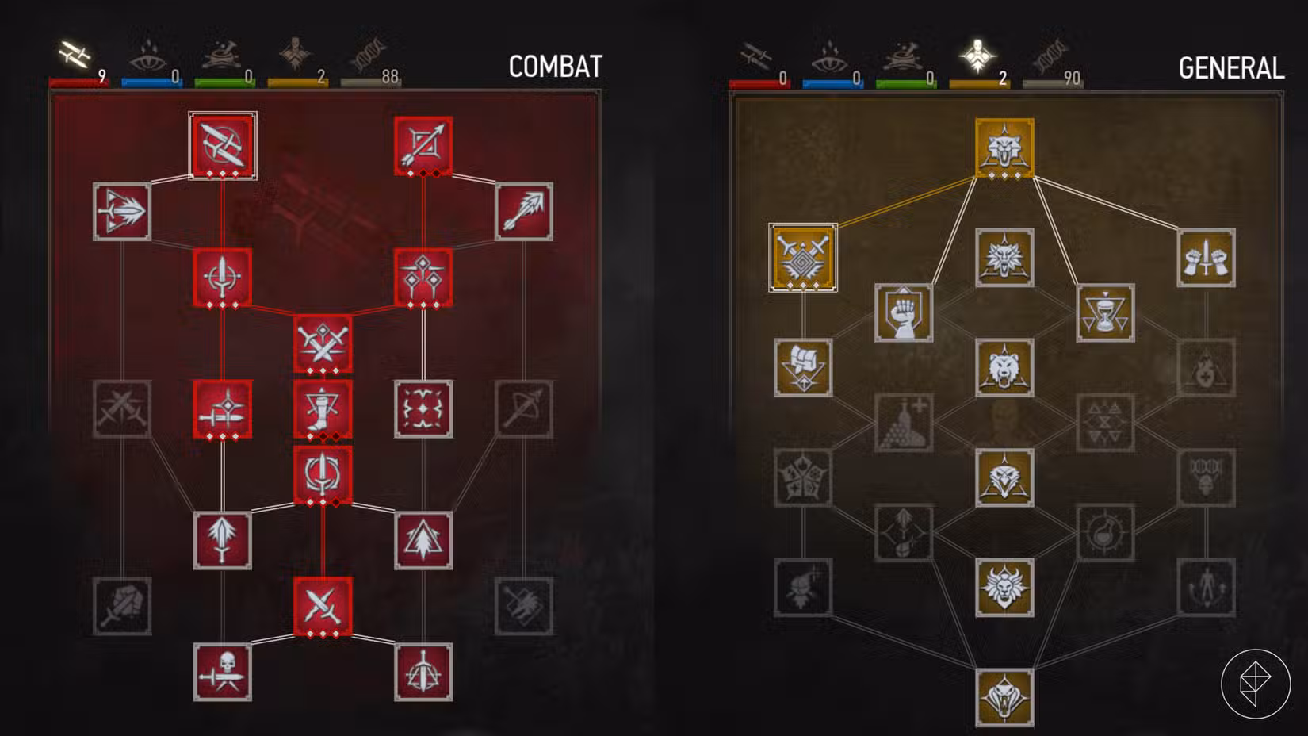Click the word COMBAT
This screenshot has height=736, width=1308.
pyautogui.click(x=556, y=67)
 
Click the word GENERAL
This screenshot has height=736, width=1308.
pyautogui.click(x=1232, y=68)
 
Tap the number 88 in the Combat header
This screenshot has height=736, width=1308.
pyautogui.click(x=390, y=76)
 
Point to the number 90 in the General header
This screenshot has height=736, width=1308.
pyautogui.click(x=1072, y=79)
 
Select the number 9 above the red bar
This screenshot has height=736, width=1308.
pyautogui.click(x=102, y=76)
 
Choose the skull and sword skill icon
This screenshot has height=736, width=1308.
pyautogui.click(x=223, y=673)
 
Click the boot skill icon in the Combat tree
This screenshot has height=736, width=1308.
pyautogui.click(x=323, y=409)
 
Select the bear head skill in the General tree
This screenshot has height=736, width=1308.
pyautogui.click(x=1004, y=367)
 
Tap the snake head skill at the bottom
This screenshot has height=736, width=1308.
pyautogui.click(x=1004, y=698)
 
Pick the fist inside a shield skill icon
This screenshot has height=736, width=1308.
pyautogui.click(x=904, y=312)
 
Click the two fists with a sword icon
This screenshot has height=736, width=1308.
pyautogui.click(x=1206, y=258)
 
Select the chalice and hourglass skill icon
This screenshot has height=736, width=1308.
pyautogui.click(x=1105, y=312)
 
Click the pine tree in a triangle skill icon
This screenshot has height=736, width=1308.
pyautogui.click(x=423, y=540)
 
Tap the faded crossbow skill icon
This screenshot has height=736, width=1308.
pyautogui.click(x=524, y=409)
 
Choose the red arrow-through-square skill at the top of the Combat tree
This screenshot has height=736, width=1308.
pyautogui.click(x=423, y=146)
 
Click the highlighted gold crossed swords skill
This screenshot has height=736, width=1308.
pyautogui.click(x=803, y=258)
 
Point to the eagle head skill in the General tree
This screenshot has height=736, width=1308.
pyautogui.click(x=1004, y=477)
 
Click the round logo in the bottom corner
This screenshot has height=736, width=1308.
pyautogui.click(x=1256, y=684)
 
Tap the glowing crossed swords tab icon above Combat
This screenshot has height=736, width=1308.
pyautogui.click(x=75, y=54)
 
